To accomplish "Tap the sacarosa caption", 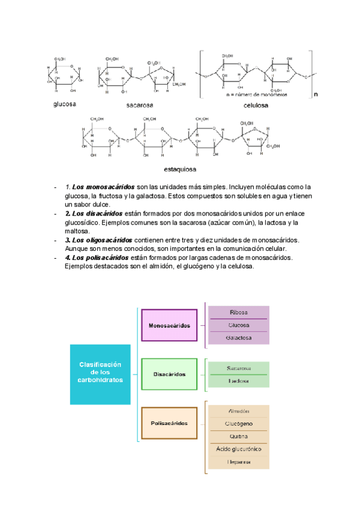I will click(139, 105).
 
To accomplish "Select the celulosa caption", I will click(256, 105).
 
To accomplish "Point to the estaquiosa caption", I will click(180, 169).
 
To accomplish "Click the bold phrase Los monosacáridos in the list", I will click(100, 187).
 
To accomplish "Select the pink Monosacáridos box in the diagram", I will click(169, 325).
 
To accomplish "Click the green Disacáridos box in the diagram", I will click(169, 375).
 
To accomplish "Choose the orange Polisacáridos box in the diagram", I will click(169, 423).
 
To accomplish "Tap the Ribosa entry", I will click(238, 313).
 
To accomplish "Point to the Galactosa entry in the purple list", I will click(238, 338).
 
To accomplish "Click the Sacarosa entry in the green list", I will click(238, 368).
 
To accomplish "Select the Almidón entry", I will click(238, 412).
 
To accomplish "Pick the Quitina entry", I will click(238, 436).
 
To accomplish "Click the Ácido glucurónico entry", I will click(238, 449).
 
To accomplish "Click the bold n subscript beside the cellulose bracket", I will click(316, 94).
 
